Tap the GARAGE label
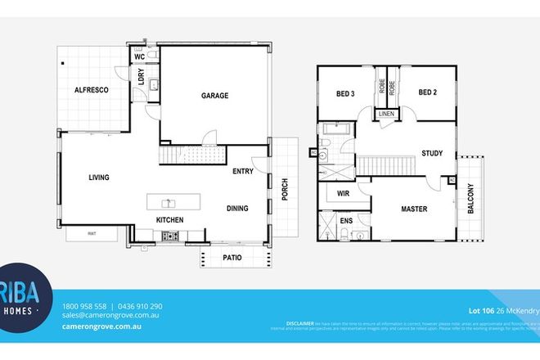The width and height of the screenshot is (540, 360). point(214,96)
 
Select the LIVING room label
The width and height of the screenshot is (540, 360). point(98,178)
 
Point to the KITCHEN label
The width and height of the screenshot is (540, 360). point(169,220)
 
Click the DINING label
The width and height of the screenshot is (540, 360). point(237,209)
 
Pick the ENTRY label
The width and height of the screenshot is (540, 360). point(243,171)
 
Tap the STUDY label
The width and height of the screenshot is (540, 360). point(432,153)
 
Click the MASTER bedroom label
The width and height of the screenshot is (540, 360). point(414,209)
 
